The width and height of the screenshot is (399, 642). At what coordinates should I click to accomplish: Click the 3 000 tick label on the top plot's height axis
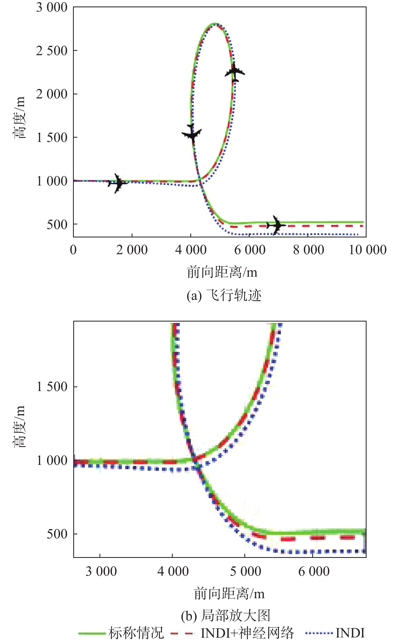pyautogui.click(x=52, y=7)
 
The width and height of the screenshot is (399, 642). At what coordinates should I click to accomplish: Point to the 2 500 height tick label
pyautogui.click(x=52, y=51)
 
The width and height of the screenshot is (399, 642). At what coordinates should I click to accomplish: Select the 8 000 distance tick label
pyautogui.click(x=309, y=250)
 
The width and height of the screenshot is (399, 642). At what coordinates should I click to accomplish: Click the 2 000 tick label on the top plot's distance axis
pyautogui.click(x=132, y=250)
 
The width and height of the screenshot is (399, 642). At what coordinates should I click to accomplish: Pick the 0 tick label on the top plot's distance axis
pyautogui.click(x=73, y=250)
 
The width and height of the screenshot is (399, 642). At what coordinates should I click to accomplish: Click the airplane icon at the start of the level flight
pyautogui.click(x=118, y=183)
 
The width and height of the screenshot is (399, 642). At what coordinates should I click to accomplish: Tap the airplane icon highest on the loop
pyautogui.click(x=235, y=72)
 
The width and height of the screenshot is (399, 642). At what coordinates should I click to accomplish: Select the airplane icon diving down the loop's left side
pyautogui.click(x=192, y=134)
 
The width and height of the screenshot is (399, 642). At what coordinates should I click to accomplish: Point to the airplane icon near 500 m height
pyautogui.click(x=276, y=225)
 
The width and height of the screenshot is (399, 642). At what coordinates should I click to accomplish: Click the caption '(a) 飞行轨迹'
pyautogui.click(x=224, y=295)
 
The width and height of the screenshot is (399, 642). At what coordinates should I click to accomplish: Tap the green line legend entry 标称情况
pyautogui.click(x=121, y=633)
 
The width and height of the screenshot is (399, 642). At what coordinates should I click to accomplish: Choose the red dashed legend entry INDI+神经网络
pyautogui.click(x=232, y=633)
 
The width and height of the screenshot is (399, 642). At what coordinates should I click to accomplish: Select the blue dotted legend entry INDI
pyautogui.click(x=335, y=633)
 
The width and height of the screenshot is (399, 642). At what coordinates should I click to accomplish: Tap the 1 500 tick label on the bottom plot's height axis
pyautogui.click(x=52, y=387)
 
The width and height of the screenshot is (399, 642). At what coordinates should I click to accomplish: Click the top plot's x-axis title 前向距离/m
pyautogui.click(x=222, y=272)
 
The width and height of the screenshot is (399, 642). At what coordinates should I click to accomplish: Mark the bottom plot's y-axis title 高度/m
pyautogui.click(x=19, y=426)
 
